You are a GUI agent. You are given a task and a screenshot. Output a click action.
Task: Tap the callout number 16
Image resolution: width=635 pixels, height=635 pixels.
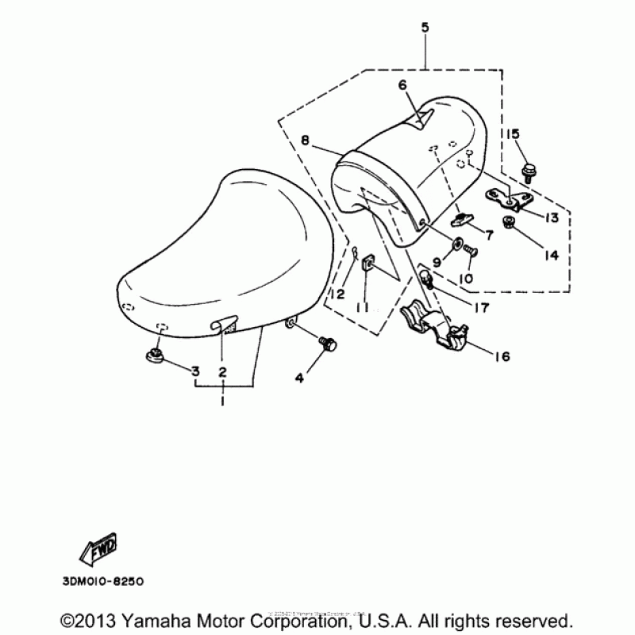502,357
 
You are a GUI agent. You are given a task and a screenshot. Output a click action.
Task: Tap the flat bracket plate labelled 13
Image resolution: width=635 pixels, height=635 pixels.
502,198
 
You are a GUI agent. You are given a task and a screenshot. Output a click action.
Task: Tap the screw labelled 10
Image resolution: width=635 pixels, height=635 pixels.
469,252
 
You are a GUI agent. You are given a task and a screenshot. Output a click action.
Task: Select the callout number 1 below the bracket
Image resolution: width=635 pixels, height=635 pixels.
223,402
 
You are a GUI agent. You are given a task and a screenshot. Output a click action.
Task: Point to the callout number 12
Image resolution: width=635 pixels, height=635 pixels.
338,294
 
